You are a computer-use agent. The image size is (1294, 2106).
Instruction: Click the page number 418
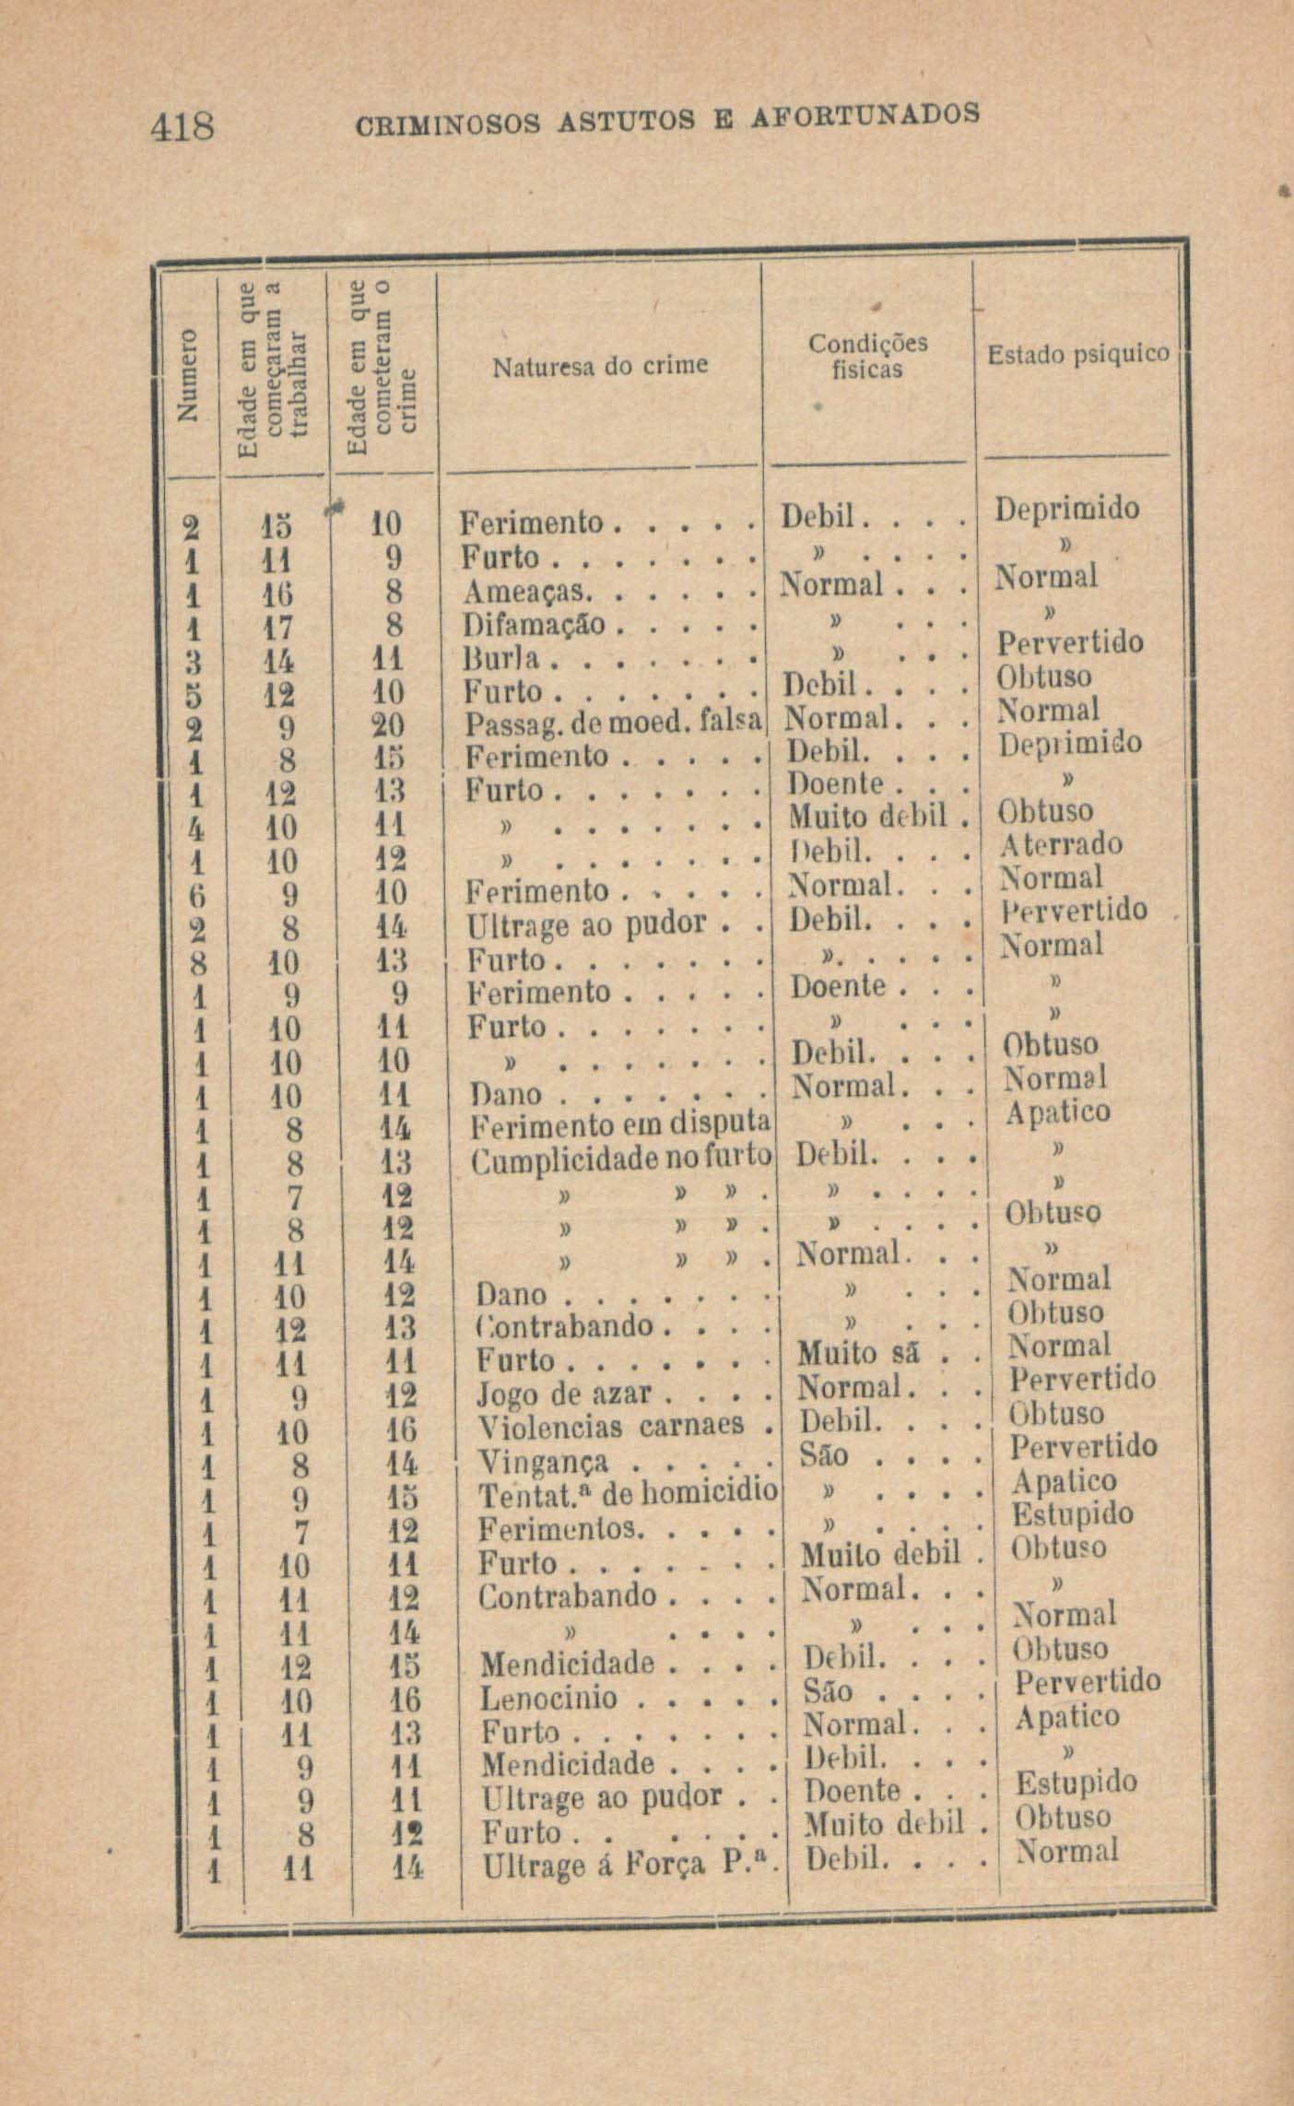(x=182, y=126)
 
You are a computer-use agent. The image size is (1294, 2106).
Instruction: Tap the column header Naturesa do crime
(x=599, y=367)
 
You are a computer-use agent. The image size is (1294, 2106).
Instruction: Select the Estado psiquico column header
(x=1077, y=355)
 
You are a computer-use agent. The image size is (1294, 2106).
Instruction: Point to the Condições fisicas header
(x=867, y=357)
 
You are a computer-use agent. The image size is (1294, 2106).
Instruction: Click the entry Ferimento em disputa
(x=620, y=1125)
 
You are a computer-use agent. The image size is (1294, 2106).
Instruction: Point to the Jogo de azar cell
(x=564, y=1394)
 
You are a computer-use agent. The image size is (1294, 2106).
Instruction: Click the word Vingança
(x=543, y=1462)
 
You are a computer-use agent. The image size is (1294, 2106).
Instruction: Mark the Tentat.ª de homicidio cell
(x=628, y=1494)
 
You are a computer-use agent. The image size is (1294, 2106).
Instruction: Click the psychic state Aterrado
(x=1061, y=845)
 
